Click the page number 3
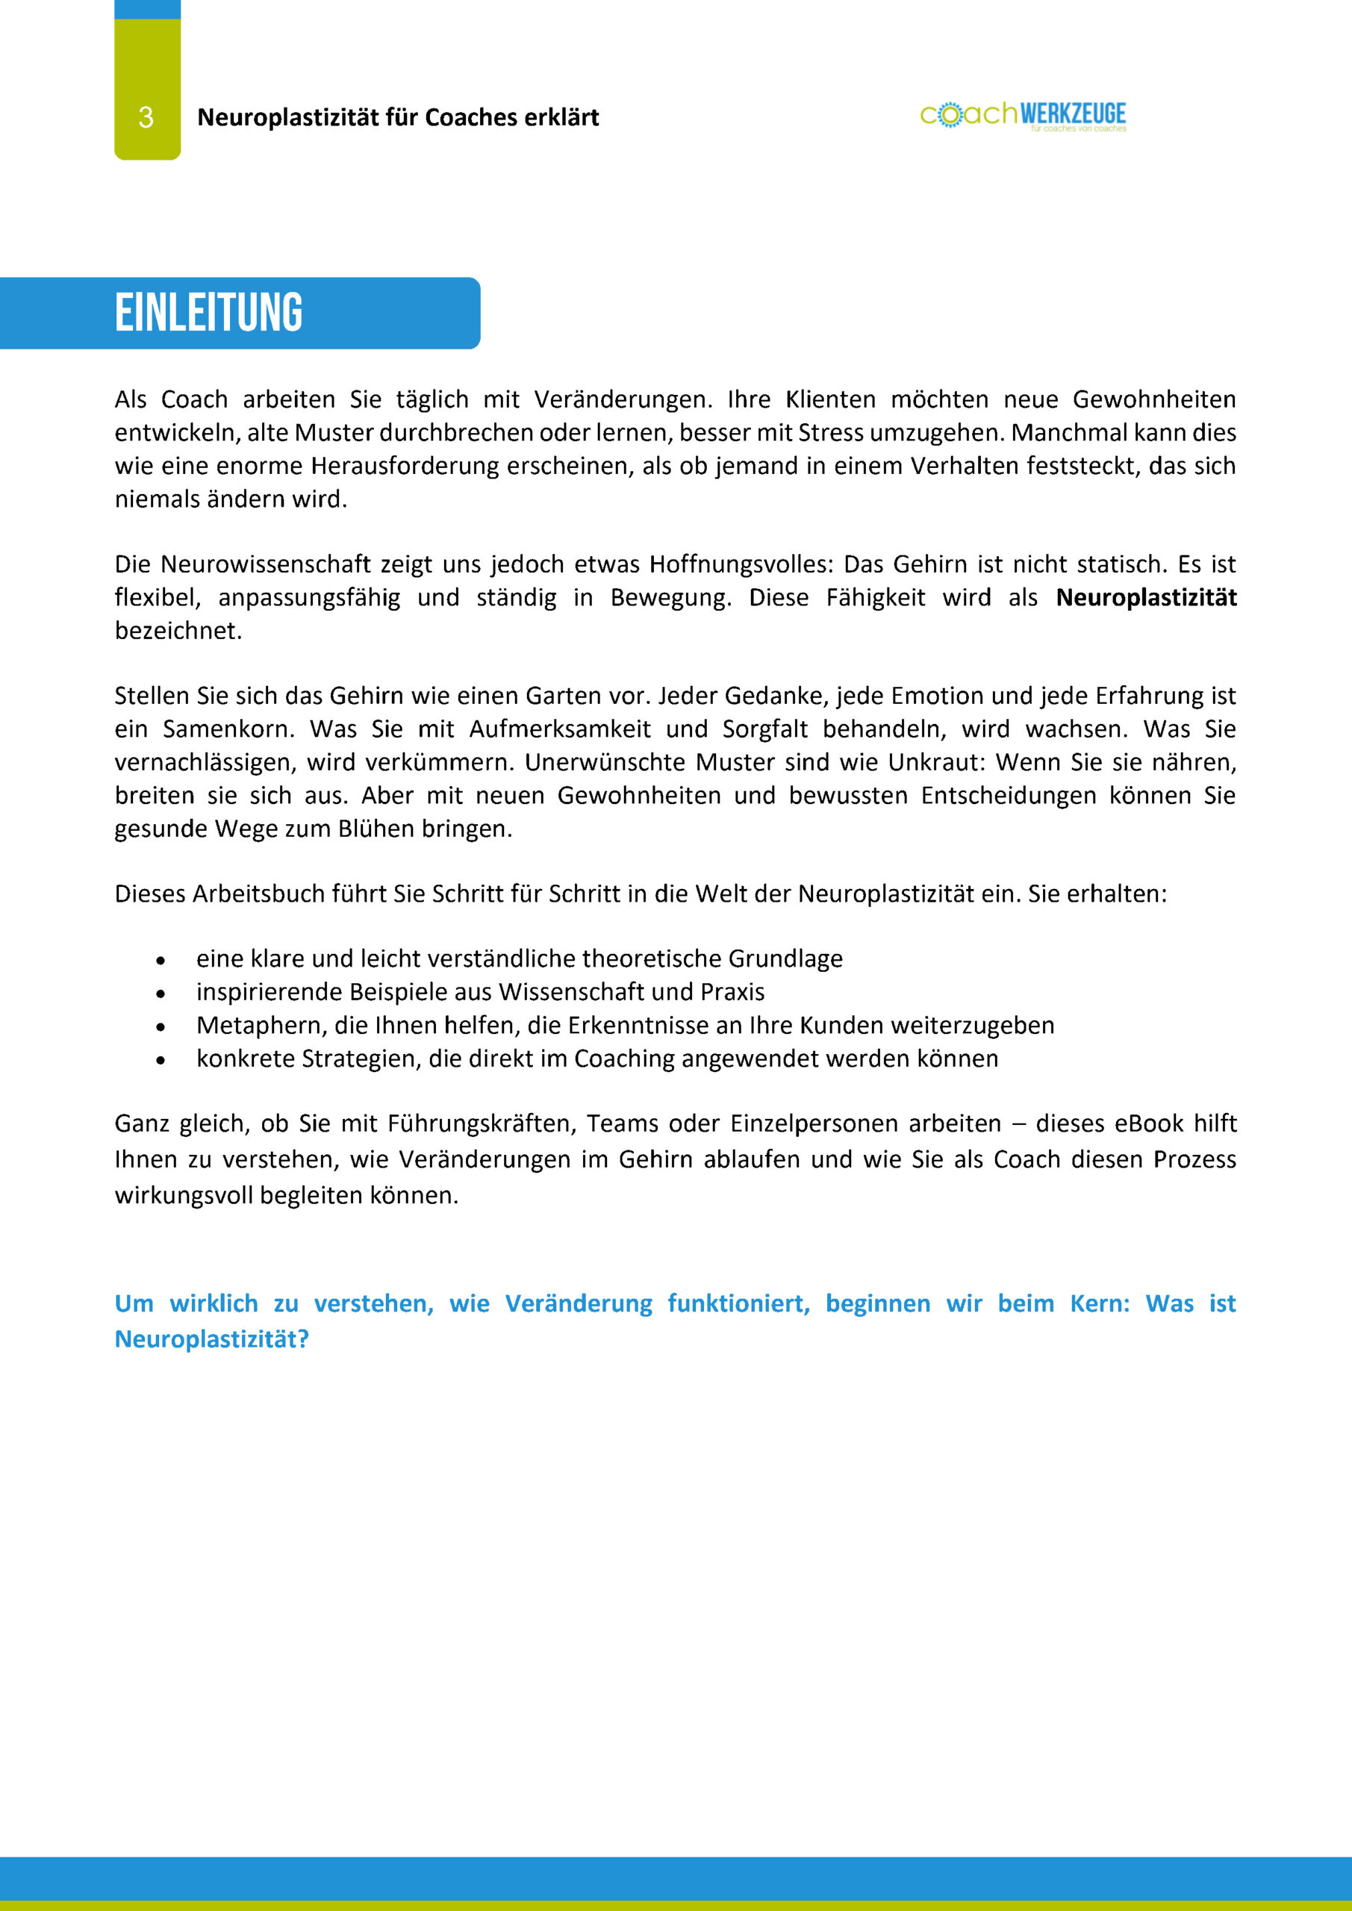tap(146, 117)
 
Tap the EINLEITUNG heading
tap(208, 313)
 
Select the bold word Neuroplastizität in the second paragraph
tap(1145, 598)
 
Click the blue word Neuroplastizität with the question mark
tap(211, 1339)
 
